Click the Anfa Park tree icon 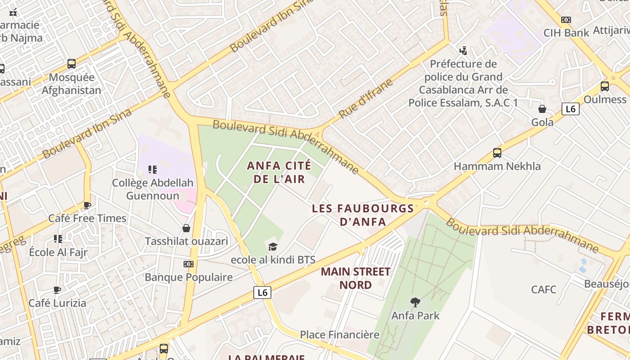tap(415, 302)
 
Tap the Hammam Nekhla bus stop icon tap(497, 153)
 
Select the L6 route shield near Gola tap(570, 108)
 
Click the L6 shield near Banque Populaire tap(262, 292)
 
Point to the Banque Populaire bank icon tap(189, 264)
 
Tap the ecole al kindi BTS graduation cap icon tap(273, 247)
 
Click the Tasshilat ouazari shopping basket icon tap(186, 228)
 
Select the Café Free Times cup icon tap(87, 206)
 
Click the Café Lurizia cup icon tap(57, 290)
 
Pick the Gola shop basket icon tap(542, 109)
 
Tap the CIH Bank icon tap(566, 20)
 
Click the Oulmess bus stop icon tap(605, 86)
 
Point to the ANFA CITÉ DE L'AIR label tap(279, 172)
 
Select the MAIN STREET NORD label tap(355, 278)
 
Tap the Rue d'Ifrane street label tap(366, 99)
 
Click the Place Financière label tap(340, 335)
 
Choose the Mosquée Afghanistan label tap(71, 84)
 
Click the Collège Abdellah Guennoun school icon tap(153, 170)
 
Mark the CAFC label tap(544, 289)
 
